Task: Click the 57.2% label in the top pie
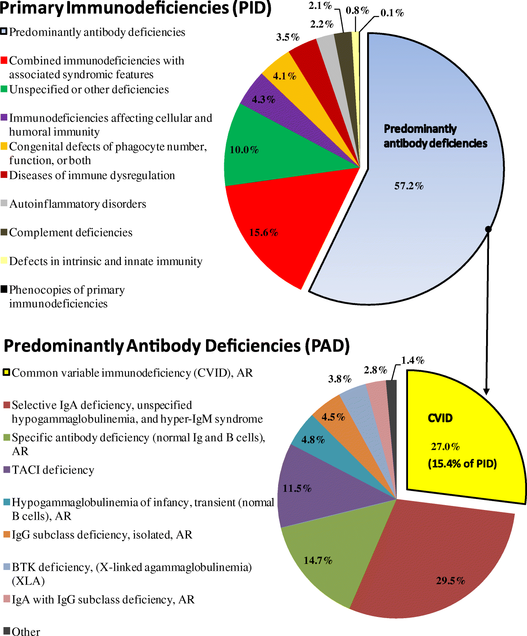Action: pos(409,186)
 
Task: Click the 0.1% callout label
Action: pos(392,13)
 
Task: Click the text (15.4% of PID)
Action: pos(462,464)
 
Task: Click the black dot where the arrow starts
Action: pos(488,229)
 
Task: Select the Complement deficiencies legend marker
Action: pos(4,232)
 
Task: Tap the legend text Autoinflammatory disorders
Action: pos(78,204)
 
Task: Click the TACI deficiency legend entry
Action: pos(53,470)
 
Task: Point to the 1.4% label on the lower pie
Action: pos(412,361)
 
